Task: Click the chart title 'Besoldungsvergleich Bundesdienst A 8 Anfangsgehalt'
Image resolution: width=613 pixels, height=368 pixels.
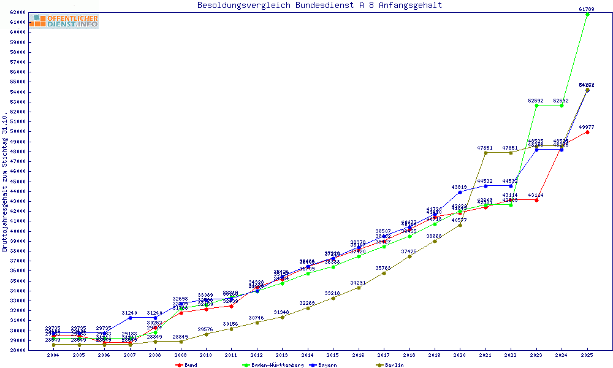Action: [319, 6]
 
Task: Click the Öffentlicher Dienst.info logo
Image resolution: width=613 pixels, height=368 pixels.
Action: [64, 21]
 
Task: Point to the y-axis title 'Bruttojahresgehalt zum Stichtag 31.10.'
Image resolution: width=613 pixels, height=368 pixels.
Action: [5, 182]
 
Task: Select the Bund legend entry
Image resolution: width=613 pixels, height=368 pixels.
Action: [188, 365]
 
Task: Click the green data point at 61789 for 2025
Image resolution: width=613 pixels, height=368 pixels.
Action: [587, 14]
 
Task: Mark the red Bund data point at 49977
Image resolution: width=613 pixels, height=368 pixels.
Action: [587, 132]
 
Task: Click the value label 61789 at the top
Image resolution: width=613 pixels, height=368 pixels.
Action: [587, 9]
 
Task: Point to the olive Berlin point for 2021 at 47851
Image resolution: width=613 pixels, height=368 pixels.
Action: [485, 153]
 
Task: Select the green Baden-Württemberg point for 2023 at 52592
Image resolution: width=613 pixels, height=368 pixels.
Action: [536, 105]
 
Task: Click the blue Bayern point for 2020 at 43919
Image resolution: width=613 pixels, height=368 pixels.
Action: [460, 192]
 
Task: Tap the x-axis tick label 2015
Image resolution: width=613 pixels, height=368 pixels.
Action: [333, 355]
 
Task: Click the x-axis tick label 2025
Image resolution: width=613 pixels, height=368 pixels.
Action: [587, 355]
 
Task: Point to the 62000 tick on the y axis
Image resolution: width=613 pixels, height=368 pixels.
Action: [17, 12]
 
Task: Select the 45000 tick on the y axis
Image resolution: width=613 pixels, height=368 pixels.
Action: [17, 182]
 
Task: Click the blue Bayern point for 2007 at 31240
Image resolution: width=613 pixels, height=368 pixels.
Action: [130, 318]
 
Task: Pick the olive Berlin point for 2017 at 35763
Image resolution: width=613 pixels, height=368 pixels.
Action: [384, 273]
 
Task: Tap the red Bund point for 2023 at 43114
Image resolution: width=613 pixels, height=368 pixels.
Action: [536, 200]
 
